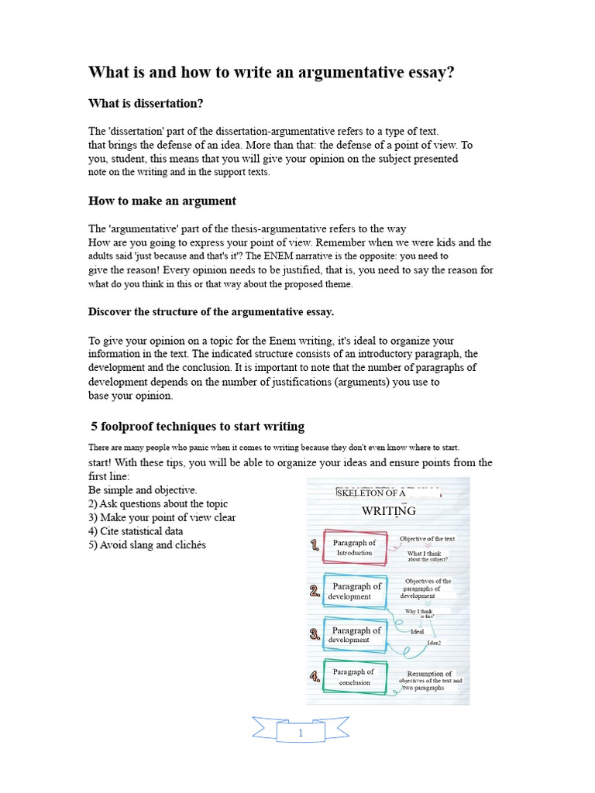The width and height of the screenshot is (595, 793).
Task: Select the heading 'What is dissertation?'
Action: coord(146,103)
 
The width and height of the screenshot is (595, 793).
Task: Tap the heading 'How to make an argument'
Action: coord(162,201)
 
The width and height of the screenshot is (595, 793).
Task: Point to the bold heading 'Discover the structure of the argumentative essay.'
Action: coord(212,311)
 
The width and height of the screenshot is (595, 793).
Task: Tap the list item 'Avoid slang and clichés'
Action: coord(147,545)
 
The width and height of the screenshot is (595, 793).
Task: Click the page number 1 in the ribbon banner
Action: coord(301,733)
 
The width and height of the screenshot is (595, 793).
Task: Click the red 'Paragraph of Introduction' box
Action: coord(354,548)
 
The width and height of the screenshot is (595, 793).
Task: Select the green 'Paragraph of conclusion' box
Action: coord(354,677)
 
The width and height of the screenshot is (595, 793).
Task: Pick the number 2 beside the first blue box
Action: coord(315,592)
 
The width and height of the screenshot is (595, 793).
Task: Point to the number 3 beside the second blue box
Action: coord(315,635)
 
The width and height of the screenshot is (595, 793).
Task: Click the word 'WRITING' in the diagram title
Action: coord(389,511)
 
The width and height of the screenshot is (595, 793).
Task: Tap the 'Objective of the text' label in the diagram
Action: coord(427,538)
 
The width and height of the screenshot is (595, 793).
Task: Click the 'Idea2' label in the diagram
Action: coord(434,643)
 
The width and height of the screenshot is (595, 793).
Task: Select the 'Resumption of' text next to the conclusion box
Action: coord(429,674)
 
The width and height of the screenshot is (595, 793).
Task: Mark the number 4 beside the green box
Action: coord(315,677)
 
